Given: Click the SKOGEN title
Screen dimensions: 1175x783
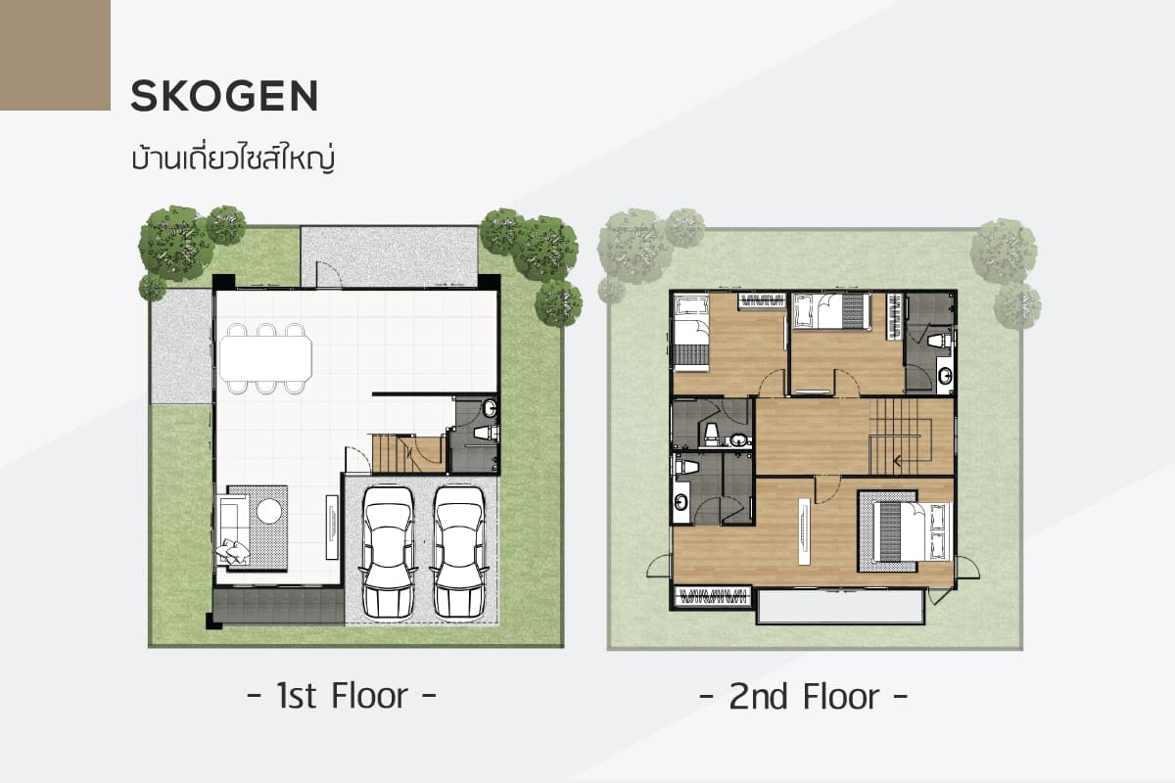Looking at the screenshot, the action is tap(224, 96).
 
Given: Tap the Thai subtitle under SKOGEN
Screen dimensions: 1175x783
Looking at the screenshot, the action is tap(233, 158).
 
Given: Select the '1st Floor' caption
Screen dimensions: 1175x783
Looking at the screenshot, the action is tap(342, 696).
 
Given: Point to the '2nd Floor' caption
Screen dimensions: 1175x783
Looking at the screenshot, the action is tap(803, 697).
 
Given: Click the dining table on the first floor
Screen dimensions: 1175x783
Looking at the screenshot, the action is tap(265, 358).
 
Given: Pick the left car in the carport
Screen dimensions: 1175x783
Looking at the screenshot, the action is tap(389, 552).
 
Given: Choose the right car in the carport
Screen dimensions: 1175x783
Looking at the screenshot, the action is tap(458, 552).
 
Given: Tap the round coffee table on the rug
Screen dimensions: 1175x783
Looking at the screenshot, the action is tap(269, 511).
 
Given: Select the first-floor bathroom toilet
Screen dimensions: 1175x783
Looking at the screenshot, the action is tap(487, 433).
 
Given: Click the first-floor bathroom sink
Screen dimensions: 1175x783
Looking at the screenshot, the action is tap(490, 408).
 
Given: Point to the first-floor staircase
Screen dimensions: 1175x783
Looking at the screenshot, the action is tap(408, 453).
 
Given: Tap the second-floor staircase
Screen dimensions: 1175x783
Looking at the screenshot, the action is tap(900, 437).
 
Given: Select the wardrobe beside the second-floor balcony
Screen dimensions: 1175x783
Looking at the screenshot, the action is tap(713, 596).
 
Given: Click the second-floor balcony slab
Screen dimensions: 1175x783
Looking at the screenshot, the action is tap(839, 607).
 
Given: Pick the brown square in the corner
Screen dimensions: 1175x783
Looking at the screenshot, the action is tap(55, 55).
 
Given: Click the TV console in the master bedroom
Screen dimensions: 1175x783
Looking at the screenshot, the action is tap(803, 531).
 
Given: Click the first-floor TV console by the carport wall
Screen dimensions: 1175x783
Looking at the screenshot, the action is tap(333, 527).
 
